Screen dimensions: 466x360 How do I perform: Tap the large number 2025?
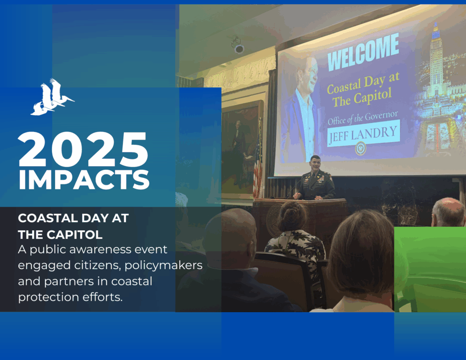pos(83,150)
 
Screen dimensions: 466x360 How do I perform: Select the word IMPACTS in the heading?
pos(84,180)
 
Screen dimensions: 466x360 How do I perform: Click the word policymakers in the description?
pos(163,265)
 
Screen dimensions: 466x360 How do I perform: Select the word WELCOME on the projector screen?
pos(363,52)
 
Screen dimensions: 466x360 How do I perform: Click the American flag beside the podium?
pos(258,163)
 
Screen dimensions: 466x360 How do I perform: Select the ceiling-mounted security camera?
pos(238,45)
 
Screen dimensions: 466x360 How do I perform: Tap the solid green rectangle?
pos(430,269)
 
